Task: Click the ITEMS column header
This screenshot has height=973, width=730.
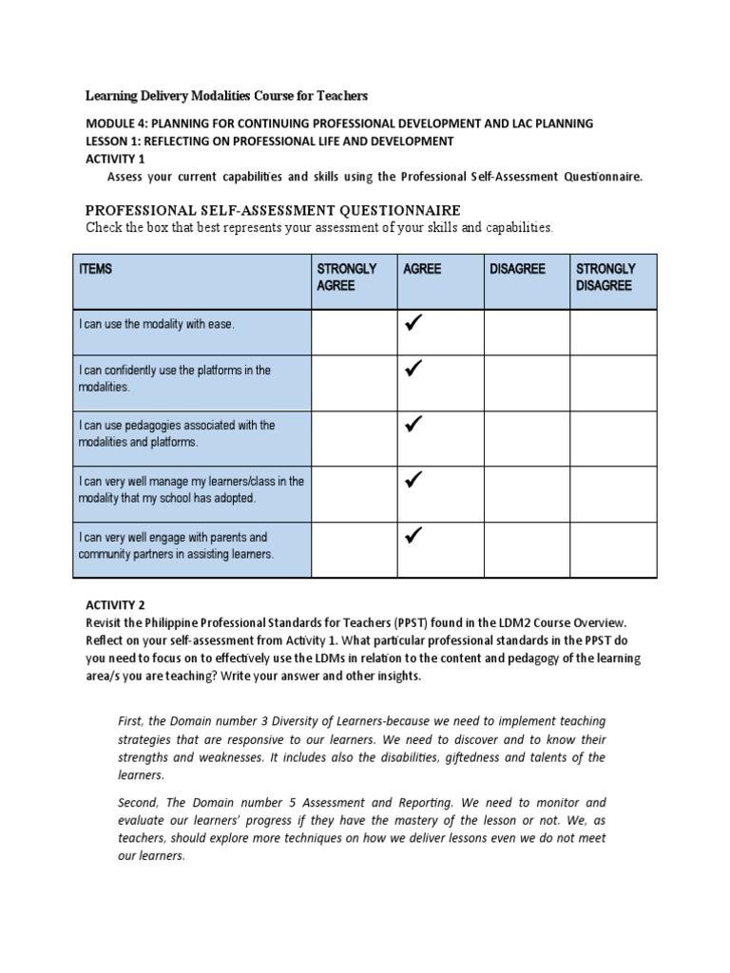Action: point(96,270)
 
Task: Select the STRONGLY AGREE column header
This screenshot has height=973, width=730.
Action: point(346,277)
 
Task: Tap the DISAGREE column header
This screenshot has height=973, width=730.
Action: point(517,270)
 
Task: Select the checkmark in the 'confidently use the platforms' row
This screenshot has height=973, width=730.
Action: point(414,368)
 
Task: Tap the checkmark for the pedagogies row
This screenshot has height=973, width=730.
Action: point(414,424)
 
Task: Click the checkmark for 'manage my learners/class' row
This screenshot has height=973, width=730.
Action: point(414,480)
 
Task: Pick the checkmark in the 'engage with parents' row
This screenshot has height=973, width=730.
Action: point(414,537)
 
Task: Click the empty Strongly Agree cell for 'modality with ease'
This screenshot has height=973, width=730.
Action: point(355,332)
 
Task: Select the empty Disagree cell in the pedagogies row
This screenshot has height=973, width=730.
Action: point(527,438)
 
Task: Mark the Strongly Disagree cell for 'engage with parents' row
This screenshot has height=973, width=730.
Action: point(613,549)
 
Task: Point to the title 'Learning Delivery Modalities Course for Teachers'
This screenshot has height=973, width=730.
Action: point(226,96)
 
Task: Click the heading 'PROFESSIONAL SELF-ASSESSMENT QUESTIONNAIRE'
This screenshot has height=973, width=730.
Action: point(273,210)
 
